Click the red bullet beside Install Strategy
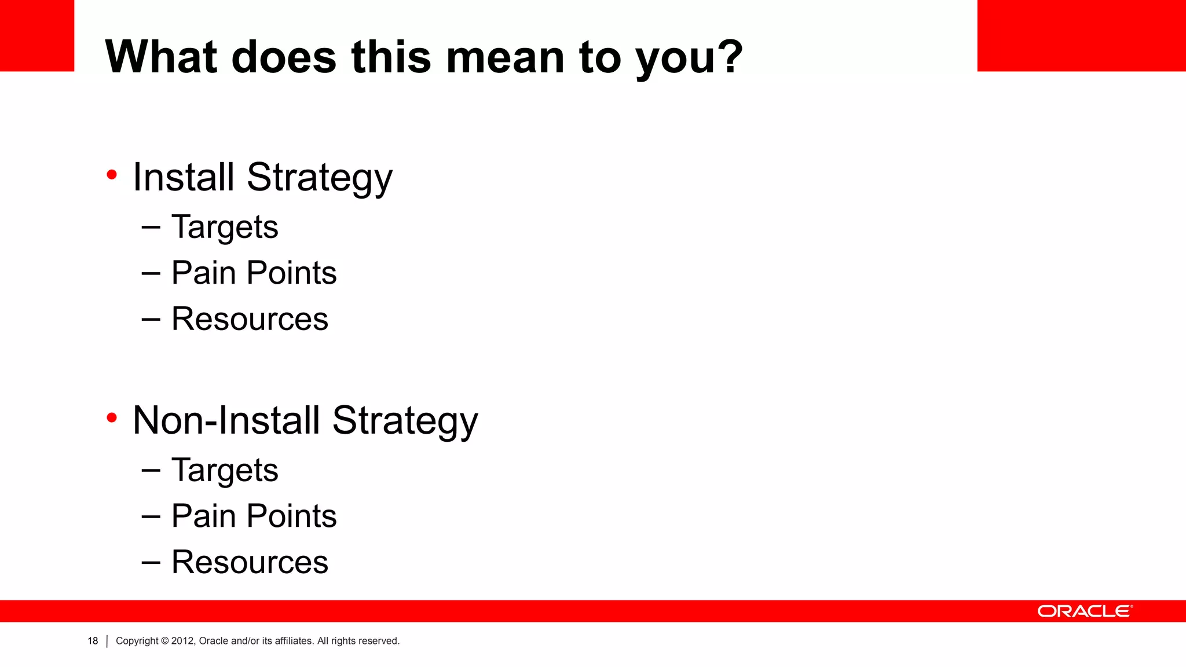[112, 174]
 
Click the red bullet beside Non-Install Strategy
[112, 417]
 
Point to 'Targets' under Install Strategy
[225, 227]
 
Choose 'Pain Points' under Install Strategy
[254, 273]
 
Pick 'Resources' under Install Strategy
[250, 319]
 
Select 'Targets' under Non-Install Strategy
[225, 470]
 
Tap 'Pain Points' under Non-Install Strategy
[254, 516]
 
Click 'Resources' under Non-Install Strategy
[250, 562]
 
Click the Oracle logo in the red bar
[1084, 611]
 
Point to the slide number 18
[93, 641]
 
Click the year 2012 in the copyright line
[182, 641]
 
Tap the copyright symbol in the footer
[164, 641]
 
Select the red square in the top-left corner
[37, 35]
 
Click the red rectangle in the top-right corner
[1081, 35]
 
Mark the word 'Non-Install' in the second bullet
[226, 420]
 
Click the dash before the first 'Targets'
[151, 227]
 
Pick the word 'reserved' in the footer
[380, 641]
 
